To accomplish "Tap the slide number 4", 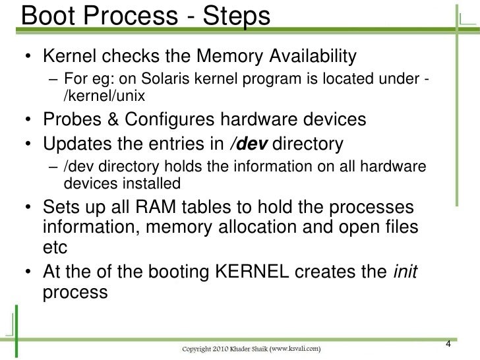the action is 448,343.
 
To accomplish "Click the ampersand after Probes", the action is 113,121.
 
